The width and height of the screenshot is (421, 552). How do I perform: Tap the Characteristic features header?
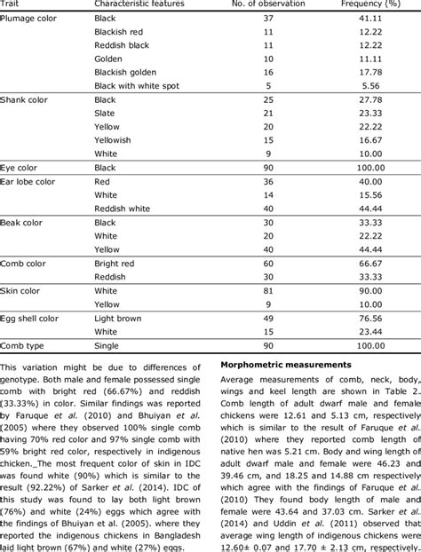coord(141,5)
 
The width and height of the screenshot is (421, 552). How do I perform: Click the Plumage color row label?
coord(28,18)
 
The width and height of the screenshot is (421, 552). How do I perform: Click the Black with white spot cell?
coord(138,86)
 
